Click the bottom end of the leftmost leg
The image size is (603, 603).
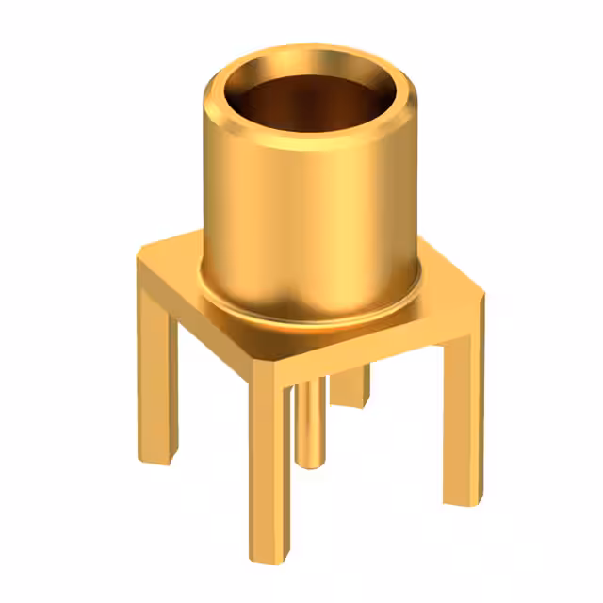[x=158, y=458]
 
